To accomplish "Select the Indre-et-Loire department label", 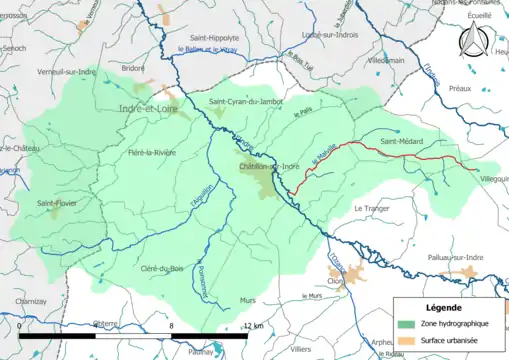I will click(152, 107).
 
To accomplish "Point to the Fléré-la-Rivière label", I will click(151, 152).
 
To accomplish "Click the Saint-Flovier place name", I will click(59, 204).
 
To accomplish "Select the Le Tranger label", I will click(371, 208).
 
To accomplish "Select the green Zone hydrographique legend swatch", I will click(407, 324).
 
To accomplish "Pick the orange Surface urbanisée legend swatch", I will click(407, 340).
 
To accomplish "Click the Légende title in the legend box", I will click(445, 307).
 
